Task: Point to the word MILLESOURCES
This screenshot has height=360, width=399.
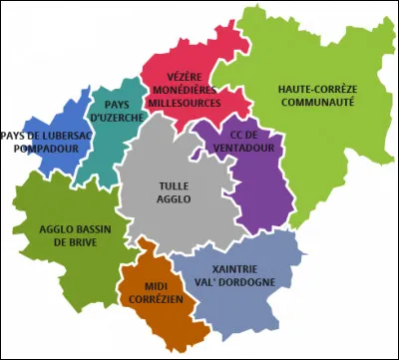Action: click(x=186, y=102)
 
